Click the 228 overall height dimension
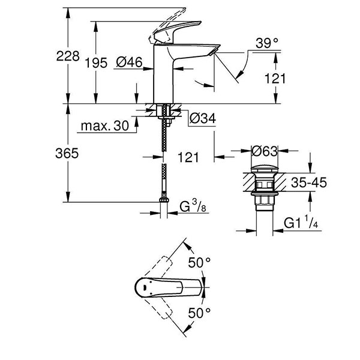coord(68,56)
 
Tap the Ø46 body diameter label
coord(128,62)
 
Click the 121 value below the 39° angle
coord(276,78)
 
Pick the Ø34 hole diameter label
coord(202,119)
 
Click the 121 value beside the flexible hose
coord(188,157)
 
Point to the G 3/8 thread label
coord(196,208)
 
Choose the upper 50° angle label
coord(200,262)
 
